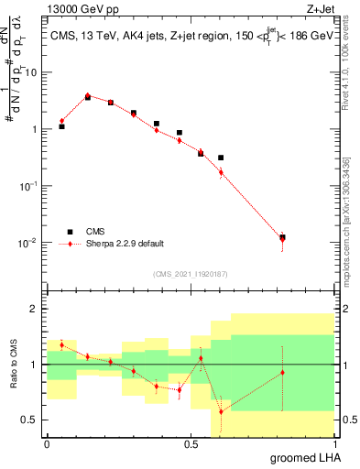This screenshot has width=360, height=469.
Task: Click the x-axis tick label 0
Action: [x=47, y=442]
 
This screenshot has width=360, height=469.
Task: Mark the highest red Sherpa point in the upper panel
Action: [x=87, y=95]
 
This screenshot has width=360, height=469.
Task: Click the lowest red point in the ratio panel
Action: [x=221, y=411]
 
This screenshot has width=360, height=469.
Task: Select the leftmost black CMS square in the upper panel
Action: [x=61, y=126]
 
